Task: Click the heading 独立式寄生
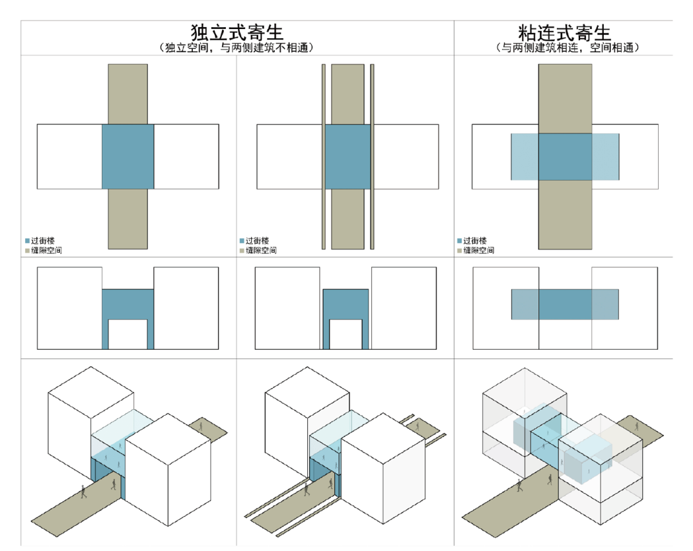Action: coord(237,33)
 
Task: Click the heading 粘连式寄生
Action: coord(564,33)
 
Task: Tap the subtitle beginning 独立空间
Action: coord(237,48)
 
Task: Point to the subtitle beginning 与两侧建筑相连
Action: coord(564,48)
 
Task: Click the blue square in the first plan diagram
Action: coord(128,156)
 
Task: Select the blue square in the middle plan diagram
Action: coord(347,156)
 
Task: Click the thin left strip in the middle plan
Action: coord(324,156)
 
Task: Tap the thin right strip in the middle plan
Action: coord(373,156)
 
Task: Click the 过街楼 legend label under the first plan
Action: coord(42,241)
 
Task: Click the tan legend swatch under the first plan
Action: coord(28,251)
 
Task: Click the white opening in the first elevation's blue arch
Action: coord(128,334)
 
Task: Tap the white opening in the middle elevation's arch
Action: coord(346,334)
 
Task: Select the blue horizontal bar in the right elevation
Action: coord(565,304)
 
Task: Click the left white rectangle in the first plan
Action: coord(69,156)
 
